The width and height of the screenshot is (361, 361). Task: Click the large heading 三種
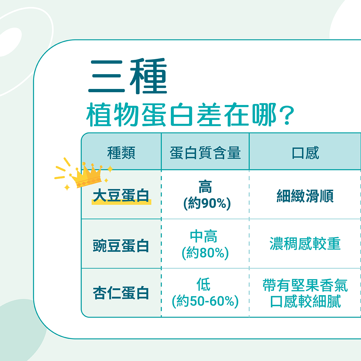tap(128, 76)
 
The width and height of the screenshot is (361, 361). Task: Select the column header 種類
tap(121, 153)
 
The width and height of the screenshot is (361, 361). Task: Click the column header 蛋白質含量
tap(205, 153)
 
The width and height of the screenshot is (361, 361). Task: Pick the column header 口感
tap(305, 153)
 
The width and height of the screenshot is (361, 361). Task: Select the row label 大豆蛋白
tap(121, 195)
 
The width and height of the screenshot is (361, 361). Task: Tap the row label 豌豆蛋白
tap(121, 245)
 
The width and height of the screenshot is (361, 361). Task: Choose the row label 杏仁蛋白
tap(121, 293)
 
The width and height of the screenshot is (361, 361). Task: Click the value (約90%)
tap(207, 203)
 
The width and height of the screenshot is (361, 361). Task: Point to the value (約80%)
tap(205, 253)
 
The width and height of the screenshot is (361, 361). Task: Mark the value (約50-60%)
tap(205, 301)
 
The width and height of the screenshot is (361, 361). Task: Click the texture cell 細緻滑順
tap(305, 196)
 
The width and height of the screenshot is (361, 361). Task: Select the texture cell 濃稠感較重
tap(305, 244)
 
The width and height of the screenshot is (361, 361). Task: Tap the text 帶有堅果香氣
tap(305, 285)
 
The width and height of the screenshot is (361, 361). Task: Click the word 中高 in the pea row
tap(204, 236)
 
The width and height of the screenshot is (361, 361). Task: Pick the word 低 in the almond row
tap(204, 284)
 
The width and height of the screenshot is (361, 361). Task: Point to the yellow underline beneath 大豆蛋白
tap(121, 202)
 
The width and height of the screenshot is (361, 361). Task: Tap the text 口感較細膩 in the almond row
tap(305, 302)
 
